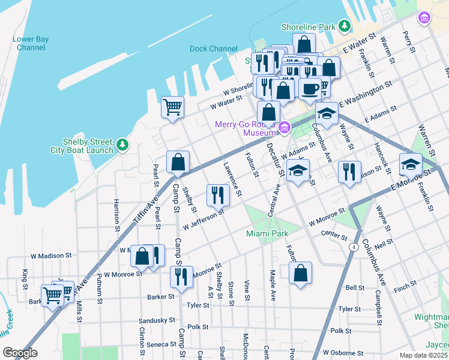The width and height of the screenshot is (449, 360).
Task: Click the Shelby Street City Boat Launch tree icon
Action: [x=122, y=144]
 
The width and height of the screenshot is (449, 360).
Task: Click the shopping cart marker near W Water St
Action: [x=172, y=107]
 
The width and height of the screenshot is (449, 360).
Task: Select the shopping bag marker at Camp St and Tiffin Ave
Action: [x=178, y=161]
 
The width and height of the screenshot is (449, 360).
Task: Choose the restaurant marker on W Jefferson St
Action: [x=217, y=194]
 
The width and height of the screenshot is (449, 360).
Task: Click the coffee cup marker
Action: [x=310, y=88]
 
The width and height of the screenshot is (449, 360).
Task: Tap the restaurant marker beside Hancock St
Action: [x=349, y=172]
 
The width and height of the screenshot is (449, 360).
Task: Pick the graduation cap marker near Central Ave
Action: [x=298, y=170]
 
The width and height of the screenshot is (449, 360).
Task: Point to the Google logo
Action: [x=20, y=353]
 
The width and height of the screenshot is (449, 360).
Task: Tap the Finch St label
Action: [x=401, y=289]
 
